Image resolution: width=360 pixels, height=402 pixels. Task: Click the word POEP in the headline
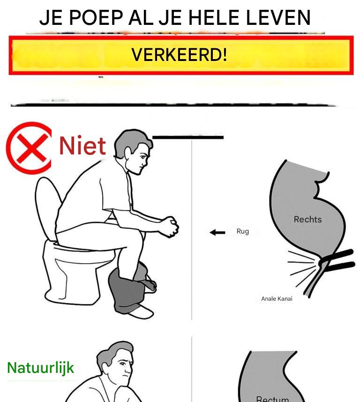96,17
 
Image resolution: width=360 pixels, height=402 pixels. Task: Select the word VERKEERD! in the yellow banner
179,54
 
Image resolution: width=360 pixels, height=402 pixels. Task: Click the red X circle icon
29,148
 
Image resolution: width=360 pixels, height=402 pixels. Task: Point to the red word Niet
82,145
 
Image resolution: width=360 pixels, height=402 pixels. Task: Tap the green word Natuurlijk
40,368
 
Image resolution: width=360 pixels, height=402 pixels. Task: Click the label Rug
243,231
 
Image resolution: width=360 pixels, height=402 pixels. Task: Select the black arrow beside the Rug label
217,233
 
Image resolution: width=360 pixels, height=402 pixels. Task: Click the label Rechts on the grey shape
307,220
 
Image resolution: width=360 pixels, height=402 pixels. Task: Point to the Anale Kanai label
277,299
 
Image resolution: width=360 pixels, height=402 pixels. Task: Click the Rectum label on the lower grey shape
273,399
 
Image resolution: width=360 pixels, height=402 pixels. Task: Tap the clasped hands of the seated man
170,227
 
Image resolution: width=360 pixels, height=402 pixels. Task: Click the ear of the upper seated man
128,153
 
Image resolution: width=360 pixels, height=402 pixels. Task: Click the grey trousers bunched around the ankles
130,287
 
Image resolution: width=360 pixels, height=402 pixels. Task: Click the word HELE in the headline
214,17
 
